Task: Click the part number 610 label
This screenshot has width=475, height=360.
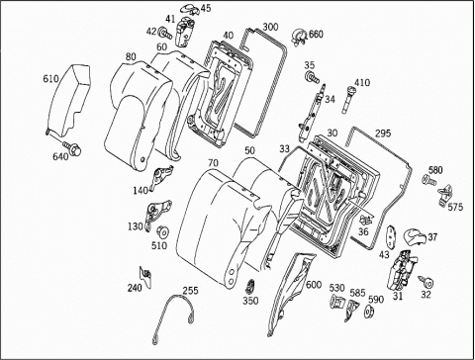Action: click(x=50, y=79)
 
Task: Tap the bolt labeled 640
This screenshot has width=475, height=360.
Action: click(x=72, y=147)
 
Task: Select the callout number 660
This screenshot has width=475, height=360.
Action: click(x=316, y=34)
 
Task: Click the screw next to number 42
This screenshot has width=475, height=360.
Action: click(x=165, y=33)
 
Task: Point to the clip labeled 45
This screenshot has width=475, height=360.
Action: click(x=190, y=9)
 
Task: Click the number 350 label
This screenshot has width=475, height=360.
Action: click(x=250, y=301)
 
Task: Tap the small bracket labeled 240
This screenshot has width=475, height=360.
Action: click(x=145, y=276)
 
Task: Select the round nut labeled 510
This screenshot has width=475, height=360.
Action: click(x=162, y=231)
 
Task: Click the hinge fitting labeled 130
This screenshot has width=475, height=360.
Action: click(x=157, y=214)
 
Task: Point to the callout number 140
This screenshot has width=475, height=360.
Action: click(x=141, y=191)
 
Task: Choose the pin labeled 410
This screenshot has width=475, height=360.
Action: click(x=348, y=100)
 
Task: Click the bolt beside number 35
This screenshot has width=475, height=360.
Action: click(x=312, y=78)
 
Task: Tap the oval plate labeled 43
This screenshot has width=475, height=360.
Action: click(x=390, y=236)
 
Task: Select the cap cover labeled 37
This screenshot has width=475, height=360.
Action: click(x=415, y=236)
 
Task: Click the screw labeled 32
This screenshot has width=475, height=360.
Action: click(x=427, y=282)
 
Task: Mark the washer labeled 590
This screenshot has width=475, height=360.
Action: click(x=368, y=312)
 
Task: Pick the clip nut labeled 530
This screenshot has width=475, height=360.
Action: click(x=337, y=301)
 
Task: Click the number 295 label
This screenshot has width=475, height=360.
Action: click(x=383, y=134)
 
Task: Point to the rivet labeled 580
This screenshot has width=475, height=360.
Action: click(x=428, y=180)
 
